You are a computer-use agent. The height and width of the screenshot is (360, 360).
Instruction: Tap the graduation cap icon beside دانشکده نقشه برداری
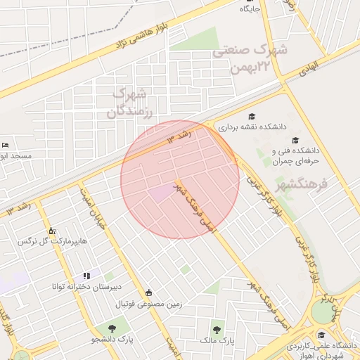coord(251,116)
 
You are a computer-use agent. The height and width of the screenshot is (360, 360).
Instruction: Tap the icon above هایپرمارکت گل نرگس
coord(51,231)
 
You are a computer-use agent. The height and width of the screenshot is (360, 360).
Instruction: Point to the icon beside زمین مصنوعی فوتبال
coord(148,293)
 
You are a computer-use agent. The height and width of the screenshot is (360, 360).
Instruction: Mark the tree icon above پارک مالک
coord(216,328)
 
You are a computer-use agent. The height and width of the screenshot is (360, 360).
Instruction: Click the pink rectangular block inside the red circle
coord(161,193)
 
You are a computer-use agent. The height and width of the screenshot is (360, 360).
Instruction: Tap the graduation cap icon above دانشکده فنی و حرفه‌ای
coord(295,140)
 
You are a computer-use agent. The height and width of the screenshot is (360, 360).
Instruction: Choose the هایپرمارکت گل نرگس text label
coord(53,241)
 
